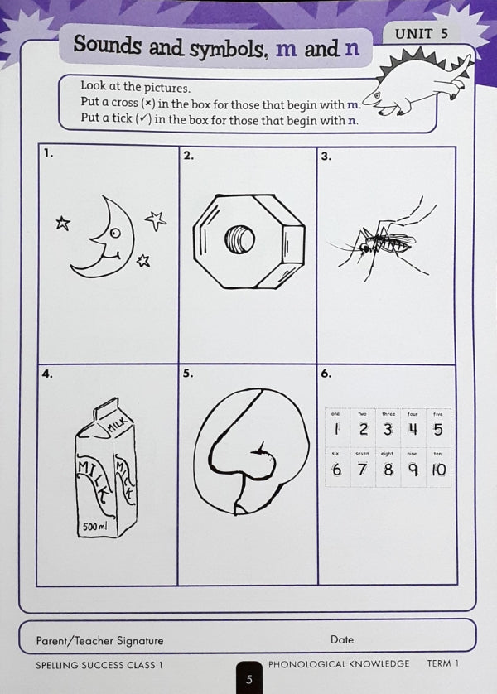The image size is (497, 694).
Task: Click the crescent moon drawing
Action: (104, 239)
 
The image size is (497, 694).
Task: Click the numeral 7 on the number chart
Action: (362, 470)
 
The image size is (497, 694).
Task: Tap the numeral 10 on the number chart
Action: (438, 470)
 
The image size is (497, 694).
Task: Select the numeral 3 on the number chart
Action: (387, 429)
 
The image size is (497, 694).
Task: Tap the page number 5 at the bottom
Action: (248, 679)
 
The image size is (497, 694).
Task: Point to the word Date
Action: (342, 639)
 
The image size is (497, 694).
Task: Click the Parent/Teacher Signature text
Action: (99, 640)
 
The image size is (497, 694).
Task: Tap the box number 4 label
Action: (48, 374)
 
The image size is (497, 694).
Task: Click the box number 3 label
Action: (326, 155)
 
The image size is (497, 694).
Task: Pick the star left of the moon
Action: (62, 222)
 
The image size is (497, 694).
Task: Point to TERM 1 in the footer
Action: (442, 663)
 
